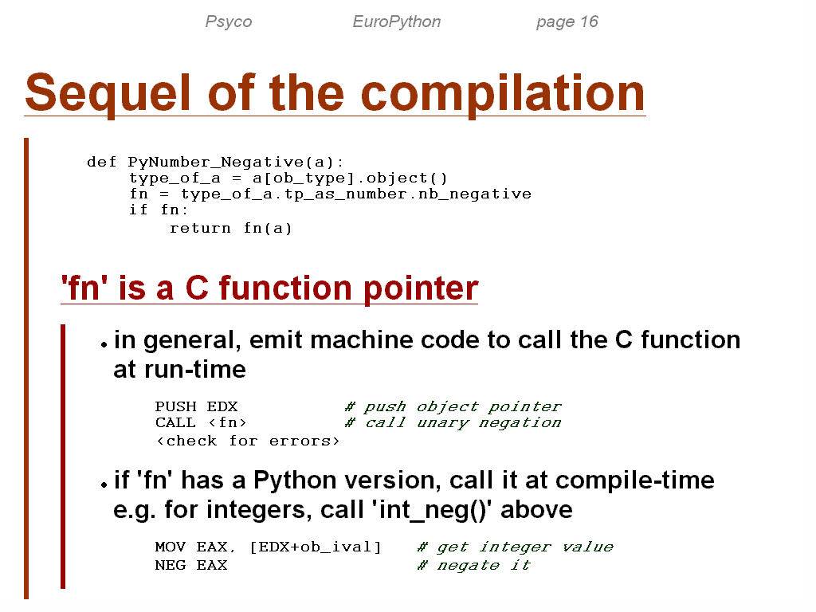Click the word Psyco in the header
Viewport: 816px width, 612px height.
tap(229, 22)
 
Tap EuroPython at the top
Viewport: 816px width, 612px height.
tap(397, 22)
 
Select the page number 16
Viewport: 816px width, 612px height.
tap(589, 22)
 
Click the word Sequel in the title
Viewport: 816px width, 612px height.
tap(108, 94)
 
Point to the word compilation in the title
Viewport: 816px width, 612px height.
tap(503, 94)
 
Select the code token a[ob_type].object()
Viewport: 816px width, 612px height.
tap(350, 178)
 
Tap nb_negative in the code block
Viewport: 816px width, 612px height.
tap(475, 194)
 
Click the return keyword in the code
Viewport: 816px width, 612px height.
tap(200, 229)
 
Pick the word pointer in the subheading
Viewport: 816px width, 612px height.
tap(421, 288)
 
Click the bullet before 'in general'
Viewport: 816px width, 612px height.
tap(104, 344)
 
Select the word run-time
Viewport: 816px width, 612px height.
tap(195, 370)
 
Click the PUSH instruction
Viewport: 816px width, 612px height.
tap(175, 406)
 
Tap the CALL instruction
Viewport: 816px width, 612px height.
tap(175, 422)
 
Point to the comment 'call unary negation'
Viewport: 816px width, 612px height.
tap(453, 423)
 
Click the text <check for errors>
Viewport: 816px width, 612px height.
tap(248, 441)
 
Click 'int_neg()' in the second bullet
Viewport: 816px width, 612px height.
tap(432, 510)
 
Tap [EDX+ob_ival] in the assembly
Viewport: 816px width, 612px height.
tap(316, 547)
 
